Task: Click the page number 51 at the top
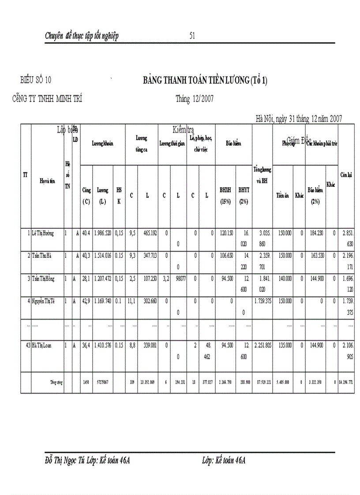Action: pos(192,36)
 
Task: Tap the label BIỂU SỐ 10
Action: pos(36,80)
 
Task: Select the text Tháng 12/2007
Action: pos(195,99)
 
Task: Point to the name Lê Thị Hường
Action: pos(43,233)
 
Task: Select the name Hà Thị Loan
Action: pos(41,346)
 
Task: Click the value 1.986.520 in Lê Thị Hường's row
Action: pos(103,233)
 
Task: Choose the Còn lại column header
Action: pos(346,174)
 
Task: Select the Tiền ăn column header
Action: pos(282,195)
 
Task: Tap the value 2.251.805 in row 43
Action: pos(262,346)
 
